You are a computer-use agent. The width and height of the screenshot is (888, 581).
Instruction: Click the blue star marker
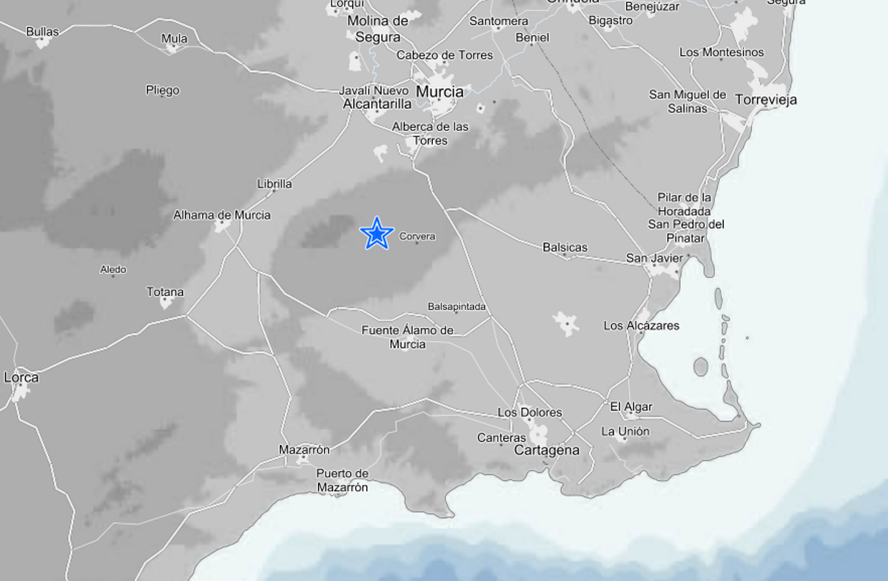point(377,234)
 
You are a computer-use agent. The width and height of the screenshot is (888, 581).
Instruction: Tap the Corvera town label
point(417,237)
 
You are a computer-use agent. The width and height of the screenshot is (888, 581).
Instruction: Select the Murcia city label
point(440,92)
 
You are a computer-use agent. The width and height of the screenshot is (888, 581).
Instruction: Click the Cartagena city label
point(547,451)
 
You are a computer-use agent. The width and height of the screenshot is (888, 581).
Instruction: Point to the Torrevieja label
point(766,100)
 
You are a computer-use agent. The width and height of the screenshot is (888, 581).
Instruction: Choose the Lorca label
point(21,377)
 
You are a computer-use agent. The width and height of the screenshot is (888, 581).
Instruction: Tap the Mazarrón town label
point(304,450)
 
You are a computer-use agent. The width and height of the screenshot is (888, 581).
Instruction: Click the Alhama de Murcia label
point(222,215)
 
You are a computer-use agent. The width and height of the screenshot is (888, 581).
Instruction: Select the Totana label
point(165,292)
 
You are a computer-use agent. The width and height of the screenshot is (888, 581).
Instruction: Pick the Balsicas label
point(565,247)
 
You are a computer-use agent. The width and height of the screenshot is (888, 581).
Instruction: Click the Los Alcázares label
point(642,326)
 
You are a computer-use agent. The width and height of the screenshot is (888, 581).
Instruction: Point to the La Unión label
point(625,431)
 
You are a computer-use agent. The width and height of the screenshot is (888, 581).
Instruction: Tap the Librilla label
point(275,184)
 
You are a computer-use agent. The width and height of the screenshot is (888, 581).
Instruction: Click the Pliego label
point(163,90)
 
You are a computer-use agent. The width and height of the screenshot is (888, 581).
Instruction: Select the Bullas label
point(42,32)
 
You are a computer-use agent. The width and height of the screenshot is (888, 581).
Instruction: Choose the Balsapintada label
point(457,306)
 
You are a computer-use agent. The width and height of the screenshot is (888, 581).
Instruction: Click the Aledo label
point(113,270)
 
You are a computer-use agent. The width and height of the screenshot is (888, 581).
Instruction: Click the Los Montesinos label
point(721,53)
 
